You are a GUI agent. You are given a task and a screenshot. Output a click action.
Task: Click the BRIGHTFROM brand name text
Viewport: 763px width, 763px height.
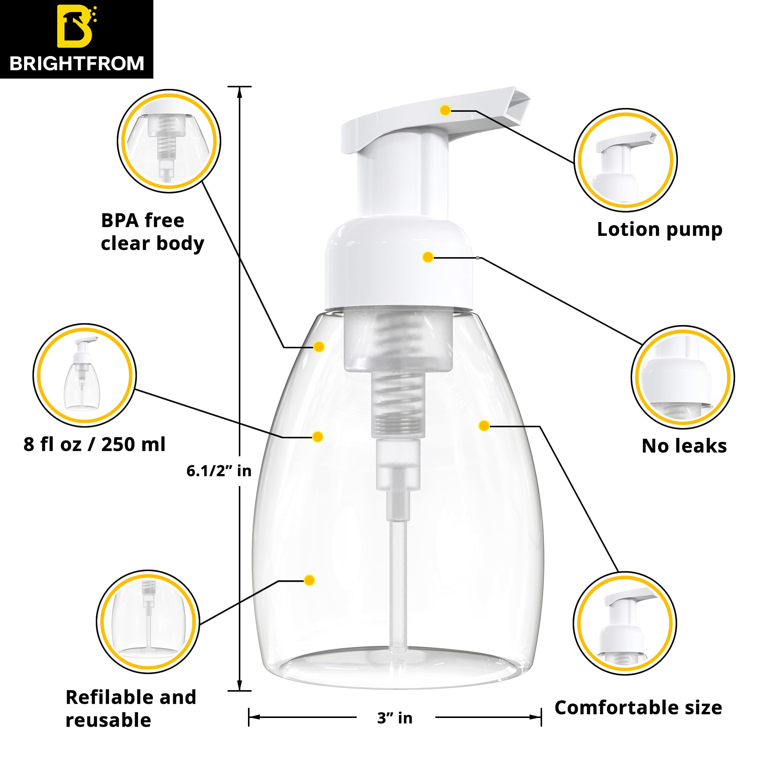pyautogui.click(x=77, y=64)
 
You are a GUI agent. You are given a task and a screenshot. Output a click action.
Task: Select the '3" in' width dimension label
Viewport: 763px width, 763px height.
pyautogui.click(x=394, y=718)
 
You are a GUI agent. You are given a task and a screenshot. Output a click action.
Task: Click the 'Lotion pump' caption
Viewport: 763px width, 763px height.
pyautogui.click(x=660, y=229)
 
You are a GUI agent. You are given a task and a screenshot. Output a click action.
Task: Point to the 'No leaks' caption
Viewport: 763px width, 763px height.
pyautogui.click(x=684, y=446)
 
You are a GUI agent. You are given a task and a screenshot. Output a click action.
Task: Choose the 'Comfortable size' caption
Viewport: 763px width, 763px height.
pyautogui.click(x=638, y=707)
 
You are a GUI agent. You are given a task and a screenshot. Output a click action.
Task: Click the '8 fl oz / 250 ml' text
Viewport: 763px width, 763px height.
pyautogui.click(x=94, y=444)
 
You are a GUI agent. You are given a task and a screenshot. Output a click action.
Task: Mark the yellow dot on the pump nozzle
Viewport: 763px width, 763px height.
pyautogui.click(x=445, y=110)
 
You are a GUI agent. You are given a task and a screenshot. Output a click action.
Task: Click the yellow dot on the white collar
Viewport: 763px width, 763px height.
pyautogui.click(x=428, y=258)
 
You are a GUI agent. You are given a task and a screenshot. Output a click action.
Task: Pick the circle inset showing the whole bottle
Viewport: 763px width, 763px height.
pyautogui.click(x=85, y=375)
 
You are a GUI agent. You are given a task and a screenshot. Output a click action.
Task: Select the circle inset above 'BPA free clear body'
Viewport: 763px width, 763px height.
pyautogui.click(x=169, y=141)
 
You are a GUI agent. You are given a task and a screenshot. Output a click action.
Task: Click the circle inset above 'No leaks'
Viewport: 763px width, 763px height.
pyautogui.click(x=683, y=377)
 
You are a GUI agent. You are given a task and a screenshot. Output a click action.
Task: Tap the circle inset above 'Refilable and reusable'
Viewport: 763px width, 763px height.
pyautogui.click(x=148, y=621)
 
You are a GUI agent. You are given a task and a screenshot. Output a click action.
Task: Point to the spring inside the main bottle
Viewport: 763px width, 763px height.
pyautogui.click(x=399, y=379)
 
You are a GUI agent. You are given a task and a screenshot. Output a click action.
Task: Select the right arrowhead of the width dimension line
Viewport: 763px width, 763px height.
pyautogui.click(x=536, y=717)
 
